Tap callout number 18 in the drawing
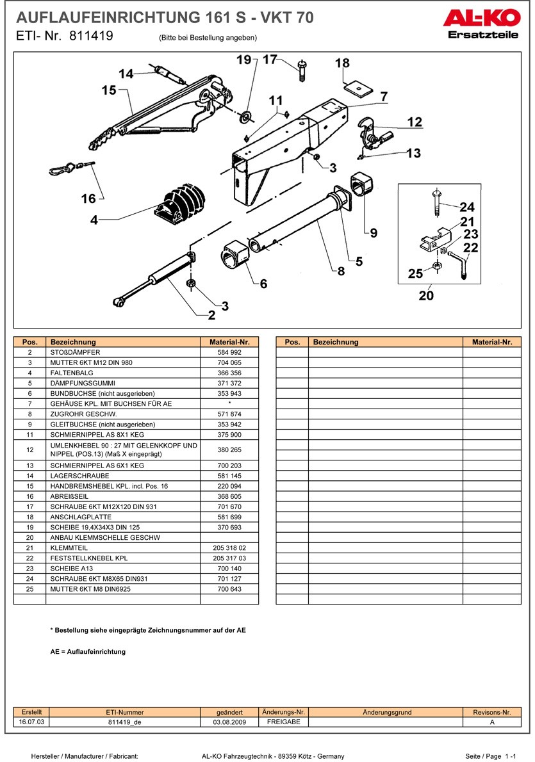click(342, 63)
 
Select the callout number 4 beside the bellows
click(94, 220)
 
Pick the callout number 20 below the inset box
click(426, 295)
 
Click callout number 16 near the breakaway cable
click(88, 199)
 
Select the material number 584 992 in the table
click(229, 352)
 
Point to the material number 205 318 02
click(229, 548)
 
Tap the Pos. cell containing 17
click(29, 507)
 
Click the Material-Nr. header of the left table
click(229, 342)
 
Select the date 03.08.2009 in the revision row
click(229, 722)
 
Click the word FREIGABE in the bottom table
click(283, 722)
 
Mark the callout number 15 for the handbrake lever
click(108, 90)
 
